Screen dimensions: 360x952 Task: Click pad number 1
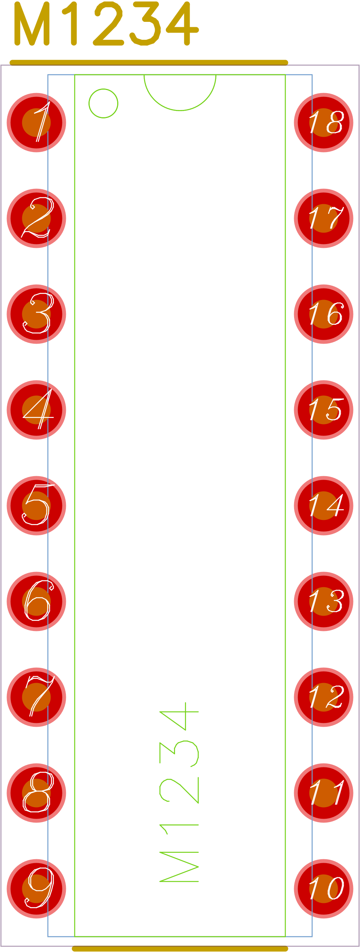click(36, 123)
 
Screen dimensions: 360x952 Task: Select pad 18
click(324, 123)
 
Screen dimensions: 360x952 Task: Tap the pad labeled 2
click(36, 218)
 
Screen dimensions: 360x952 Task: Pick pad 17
click(324, 218)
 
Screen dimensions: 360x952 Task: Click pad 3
click(36, 314)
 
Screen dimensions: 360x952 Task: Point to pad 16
click(324, 314)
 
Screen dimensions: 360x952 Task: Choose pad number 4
click(36, 410)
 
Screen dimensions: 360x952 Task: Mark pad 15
click(324, 410)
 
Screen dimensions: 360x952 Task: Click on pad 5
click(36, 506)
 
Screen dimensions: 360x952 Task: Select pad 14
click(324, 506)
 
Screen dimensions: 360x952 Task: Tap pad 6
click(36, 601)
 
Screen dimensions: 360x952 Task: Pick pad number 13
click(324, 601)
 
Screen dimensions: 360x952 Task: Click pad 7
click(36, 697)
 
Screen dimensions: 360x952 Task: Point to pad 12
click(324, 697)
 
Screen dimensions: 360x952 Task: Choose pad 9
click(36, 889)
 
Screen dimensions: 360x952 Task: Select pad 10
click(324, 889)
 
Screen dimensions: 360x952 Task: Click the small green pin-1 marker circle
click(103, 103)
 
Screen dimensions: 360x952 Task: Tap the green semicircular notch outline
click(180, 110)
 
